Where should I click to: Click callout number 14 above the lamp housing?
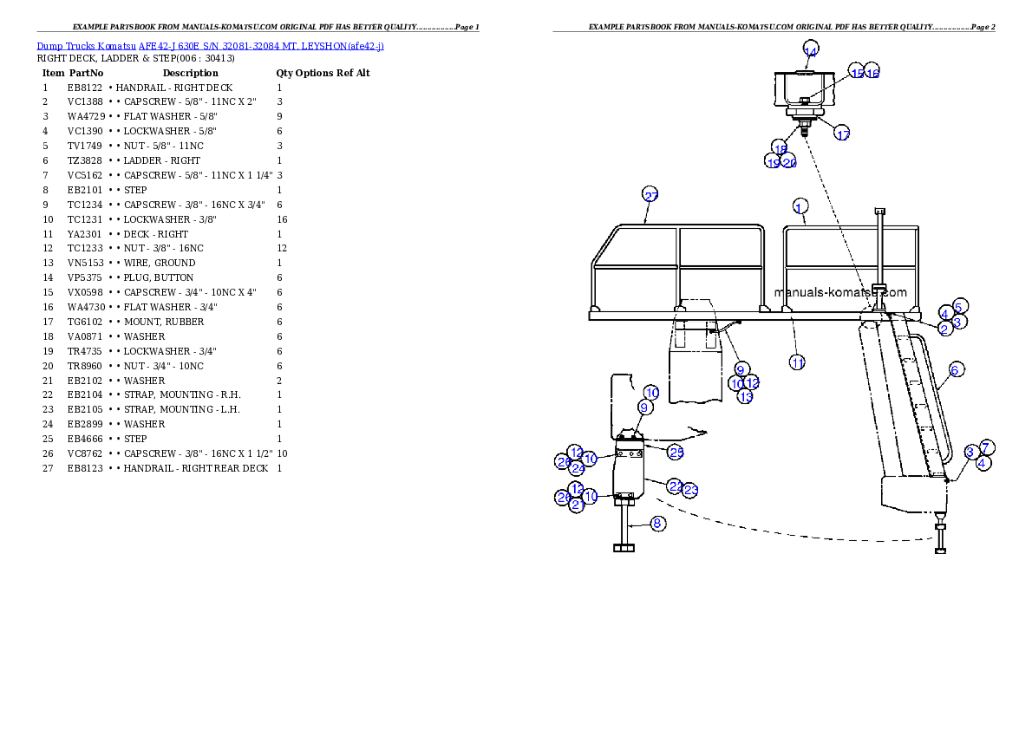pyautogui.click(x=810, y=51)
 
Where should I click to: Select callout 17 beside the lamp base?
pyautogui.click(x=842, y=134)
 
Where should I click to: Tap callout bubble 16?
pyautogui.click(x=872, y=74)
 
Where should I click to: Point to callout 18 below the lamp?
pyautogui.click(x=781, y=148)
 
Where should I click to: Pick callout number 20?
pyautogui.click(x=789, y=162)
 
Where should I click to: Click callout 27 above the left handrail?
pyautogui.click(x=650, y=194)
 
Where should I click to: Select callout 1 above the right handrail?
pyautogui.click(x=800, y=206)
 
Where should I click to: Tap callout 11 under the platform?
pyautogui.click(x=797, y=362)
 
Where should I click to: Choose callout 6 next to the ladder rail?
pyautogui.click(x=954, y=370)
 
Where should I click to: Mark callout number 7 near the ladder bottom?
pyautogui.click(x=986, y=447)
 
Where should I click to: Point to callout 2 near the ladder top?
pyautogui.click(x=945, y=329)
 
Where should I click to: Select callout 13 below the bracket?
pyautogui.click(x=745, y=397)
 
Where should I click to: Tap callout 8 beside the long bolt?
pyautogui.click(x=657, y=523)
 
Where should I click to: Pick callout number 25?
pyautogui.click(x=676, y=452)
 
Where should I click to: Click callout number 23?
pyautogui.click(x=690, y=491)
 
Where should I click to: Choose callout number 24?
pyautogui.click(x=578, y=469)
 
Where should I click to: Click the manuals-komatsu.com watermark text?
pyautogui.click(x=840, y=292)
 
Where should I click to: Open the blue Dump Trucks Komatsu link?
pyautogui.click(x=210, y=45)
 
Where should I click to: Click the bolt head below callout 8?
pyautogui.click(x=624, y=547)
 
